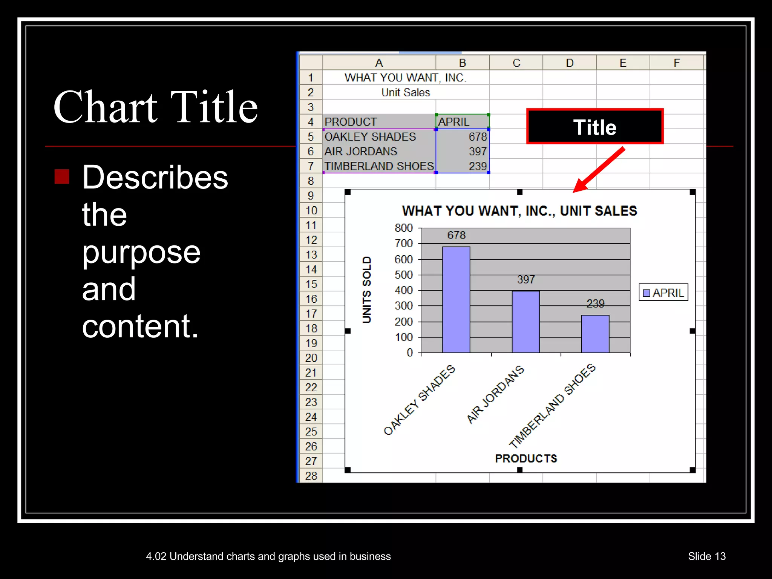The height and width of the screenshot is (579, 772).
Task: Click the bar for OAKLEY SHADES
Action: pos(456,300)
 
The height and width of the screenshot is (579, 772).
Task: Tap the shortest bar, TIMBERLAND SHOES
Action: pos(595,334)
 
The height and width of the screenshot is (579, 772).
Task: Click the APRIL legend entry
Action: pos(663,293)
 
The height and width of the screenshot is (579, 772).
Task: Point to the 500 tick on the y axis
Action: pos(404,275)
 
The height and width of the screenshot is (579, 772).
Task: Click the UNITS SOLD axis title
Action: pos(367,289)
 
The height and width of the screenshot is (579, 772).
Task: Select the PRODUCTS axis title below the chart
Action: pos(526,458)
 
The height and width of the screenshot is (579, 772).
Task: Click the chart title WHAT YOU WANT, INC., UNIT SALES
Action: pos(519,211)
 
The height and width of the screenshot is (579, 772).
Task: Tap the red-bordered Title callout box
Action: pos(594,127)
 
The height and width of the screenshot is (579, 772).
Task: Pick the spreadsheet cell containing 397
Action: pos(463,151)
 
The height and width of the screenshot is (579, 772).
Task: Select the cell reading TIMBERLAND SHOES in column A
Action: pos(379,166)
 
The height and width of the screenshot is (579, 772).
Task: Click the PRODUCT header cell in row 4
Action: pos(379,122)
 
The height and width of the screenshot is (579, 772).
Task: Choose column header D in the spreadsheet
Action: pos(570,63)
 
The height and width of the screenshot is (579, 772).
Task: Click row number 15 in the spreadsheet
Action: pos(311,284)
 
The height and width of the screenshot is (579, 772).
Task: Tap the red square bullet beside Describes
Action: pos(62,176)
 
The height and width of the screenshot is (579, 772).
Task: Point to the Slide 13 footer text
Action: pos(706,556)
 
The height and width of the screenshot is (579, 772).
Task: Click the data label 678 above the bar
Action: pos(456,235)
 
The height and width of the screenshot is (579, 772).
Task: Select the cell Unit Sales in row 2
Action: pos(406,92)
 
